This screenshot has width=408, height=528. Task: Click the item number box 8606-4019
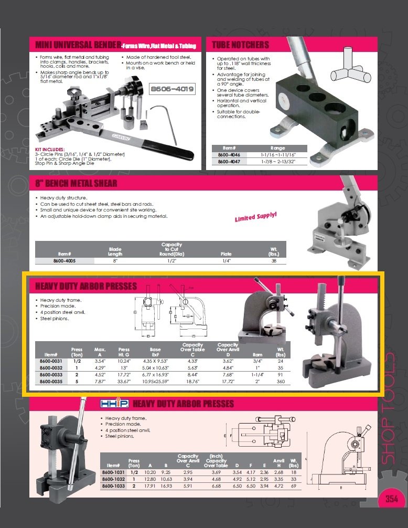(x=172, y=89)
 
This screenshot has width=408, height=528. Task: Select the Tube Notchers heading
(x=241, y=45)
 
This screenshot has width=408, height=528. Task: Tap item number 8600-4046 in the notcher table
(x=229, y=155)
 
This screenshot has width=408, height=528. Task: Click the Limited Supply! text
(x=255, y=216)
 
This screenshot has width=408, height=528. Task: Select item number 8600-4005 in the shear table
(x=65, y=260)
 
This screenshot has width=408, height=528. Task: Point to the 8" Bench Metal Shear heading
(x=73, y=183)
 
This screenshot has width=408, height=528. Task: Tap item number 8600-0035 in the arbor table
(x=51, y=382)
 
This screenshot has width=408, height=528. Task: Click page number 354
(x=391, y=499)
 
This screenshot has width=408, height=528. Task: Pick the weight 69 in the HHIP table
(x=293, y=487)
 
